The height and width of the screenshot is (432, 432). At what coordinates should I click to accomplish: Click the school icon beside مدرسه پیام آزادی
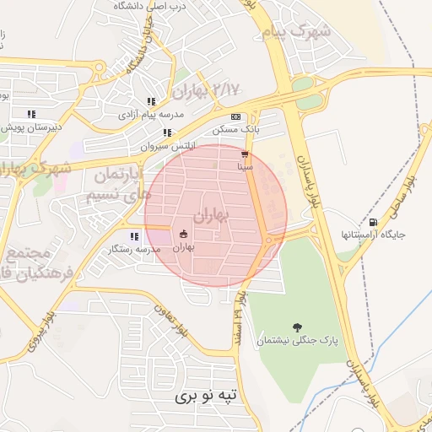(151, 101)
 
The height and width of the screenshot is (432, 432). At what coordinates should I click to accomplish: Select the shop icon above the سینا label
(245, 154)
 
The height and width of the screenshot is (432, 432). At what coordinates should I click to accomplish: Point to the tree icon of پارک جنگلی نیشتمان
(296, 327)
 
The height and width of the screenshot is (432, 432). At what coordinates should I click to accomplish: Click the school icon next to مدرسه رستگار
(133, 236)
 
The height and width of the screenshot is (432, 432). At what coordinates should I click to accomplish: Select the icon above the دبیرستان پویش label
(31, 114)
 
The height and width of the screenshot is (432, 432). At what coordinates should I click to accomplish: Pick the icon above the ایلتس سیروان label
(167, 132)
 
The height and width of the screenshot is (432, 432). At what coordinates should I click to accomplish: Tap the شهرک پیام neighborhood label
(305, 32)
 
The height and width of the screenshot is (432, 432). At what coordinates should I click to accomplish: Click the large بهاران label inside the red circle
(210, 216)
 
